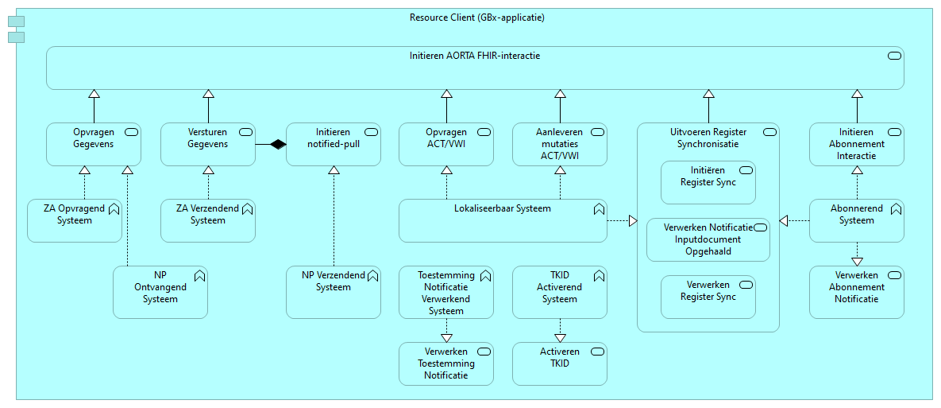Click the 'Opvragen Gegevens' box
click(x=94, y=144)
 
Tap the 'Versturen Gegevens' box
click(x=208, y=144)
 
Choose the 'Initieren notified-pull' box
click(x=333, y=144)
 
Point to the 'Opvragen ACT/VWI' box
click(x=446, y=144)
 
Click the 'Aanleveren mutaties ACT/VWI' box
click(x=560, y=144)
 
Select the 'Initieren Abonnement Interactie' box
click(x=856, y=144)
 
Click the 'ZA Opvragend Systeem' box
click(x=75, y=220)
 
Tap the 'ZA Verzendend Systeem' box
click(x=208, y=220)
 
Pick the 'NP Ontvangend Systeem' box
click(x=160, y=292)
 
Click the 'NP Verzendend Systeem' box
click(x=333, y=292)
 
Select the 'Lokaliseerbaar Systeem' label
click(x=502, y=209)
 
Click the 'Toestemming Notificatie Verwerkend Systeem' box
click(x=446, y=292)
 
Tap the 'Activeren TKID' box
click(x=560, y=363)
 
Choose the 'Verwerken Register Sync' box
click(x=708, y=297)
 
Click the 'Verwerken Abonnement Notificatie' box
click(x=856, y=292)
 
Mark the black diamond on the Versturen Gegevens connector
click(x=276, y=144)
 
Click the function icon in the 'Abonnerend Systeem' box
click(x=895, y=209)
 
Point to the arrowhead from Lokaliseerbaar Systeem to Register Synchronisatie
click(x=632, y=220)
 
